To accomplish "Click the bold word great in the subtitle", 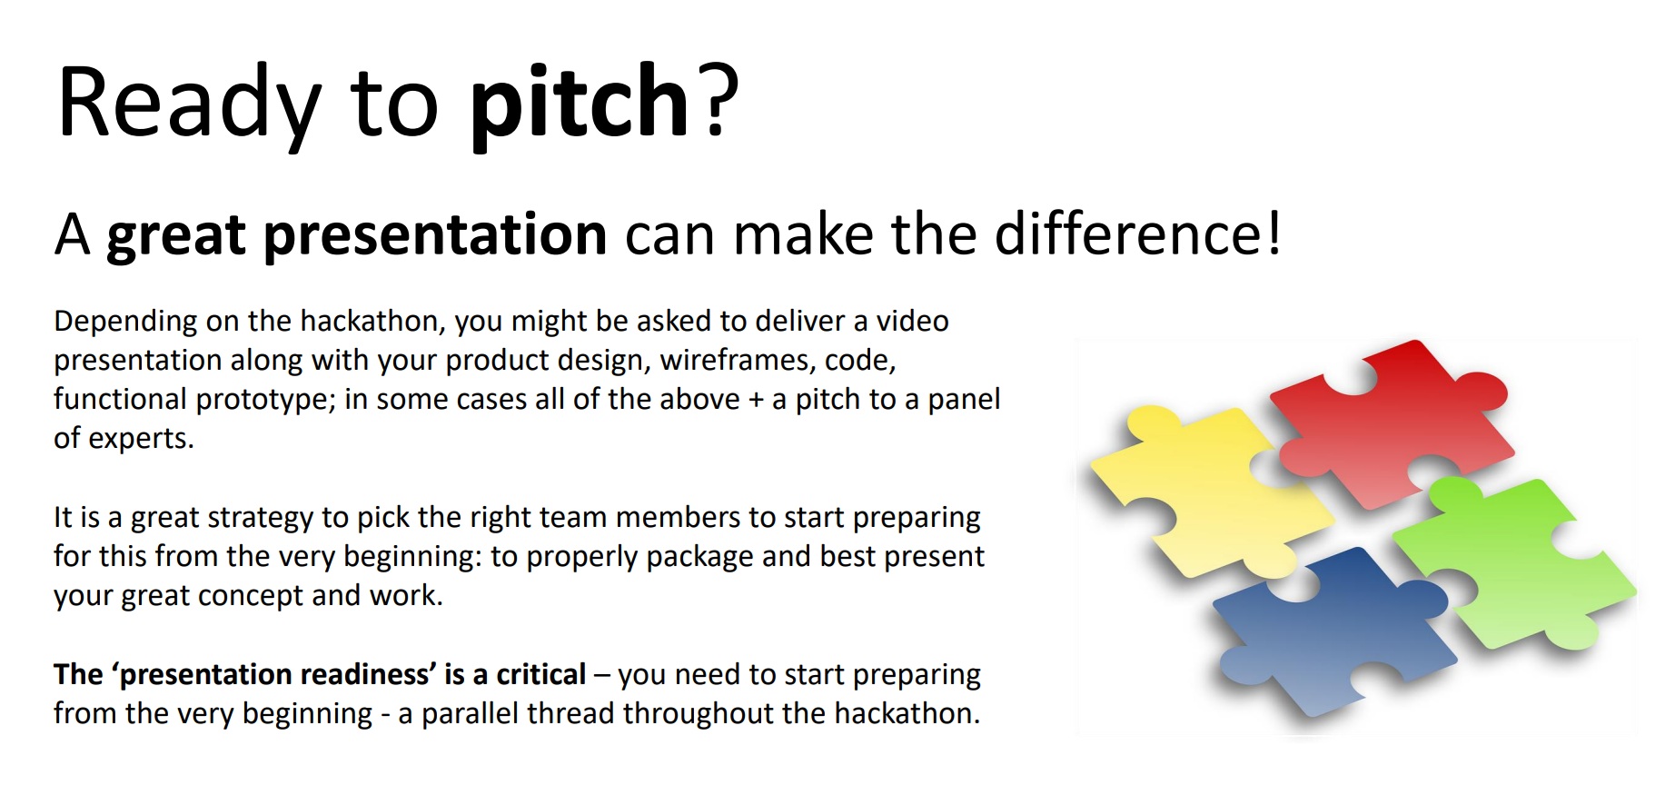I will click(x=176, y=235).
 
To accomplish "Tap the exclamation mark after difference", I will click(x=1274, y=234).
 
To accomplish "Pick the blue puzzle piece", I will click(x=1326, y=627).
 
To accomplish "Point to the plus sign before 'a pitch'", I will click(x=756, y=401).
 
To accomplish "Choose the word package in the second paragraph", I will click(x=699, y=557).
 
